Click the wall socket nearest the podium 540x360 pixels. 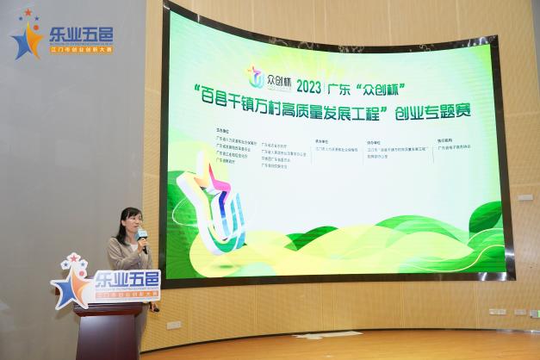(173, 326)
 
